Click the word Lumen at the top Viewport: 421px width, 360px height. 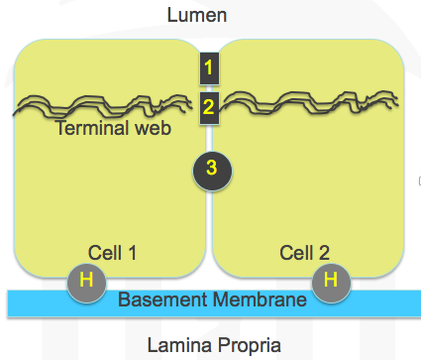197,15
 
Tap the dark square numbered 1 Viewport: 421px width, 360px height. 209,68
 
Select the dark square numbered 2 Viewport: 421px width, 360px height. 209,108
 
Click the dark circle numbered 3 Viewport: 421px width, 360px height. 212,171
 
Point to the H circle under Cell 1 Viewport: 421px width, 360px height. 86,283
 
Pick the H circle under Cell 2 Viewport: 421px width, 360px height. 331,283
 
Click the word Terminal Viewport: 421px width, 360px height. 92,128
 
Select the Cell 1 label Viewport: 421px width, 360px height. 112,253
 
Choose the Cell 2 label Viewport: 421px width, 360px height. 304,253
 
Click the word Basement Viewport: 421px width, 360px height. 162,300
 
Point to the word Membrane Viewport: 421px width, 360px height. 260,300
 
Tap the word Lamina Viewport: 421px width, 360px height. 179,345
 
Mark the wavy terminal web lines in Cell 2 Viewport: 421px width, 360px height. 309,102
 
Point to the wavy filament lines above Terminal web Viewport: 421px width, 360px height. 103,106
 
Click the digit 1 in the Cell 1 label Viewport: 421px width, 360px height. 132,253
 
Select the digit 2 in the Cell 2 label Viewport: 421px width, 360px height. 324,253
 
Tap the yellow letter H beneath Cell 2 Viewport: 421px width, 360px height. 331,280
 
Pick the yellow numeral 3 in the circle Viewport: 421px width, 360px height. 212,168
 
